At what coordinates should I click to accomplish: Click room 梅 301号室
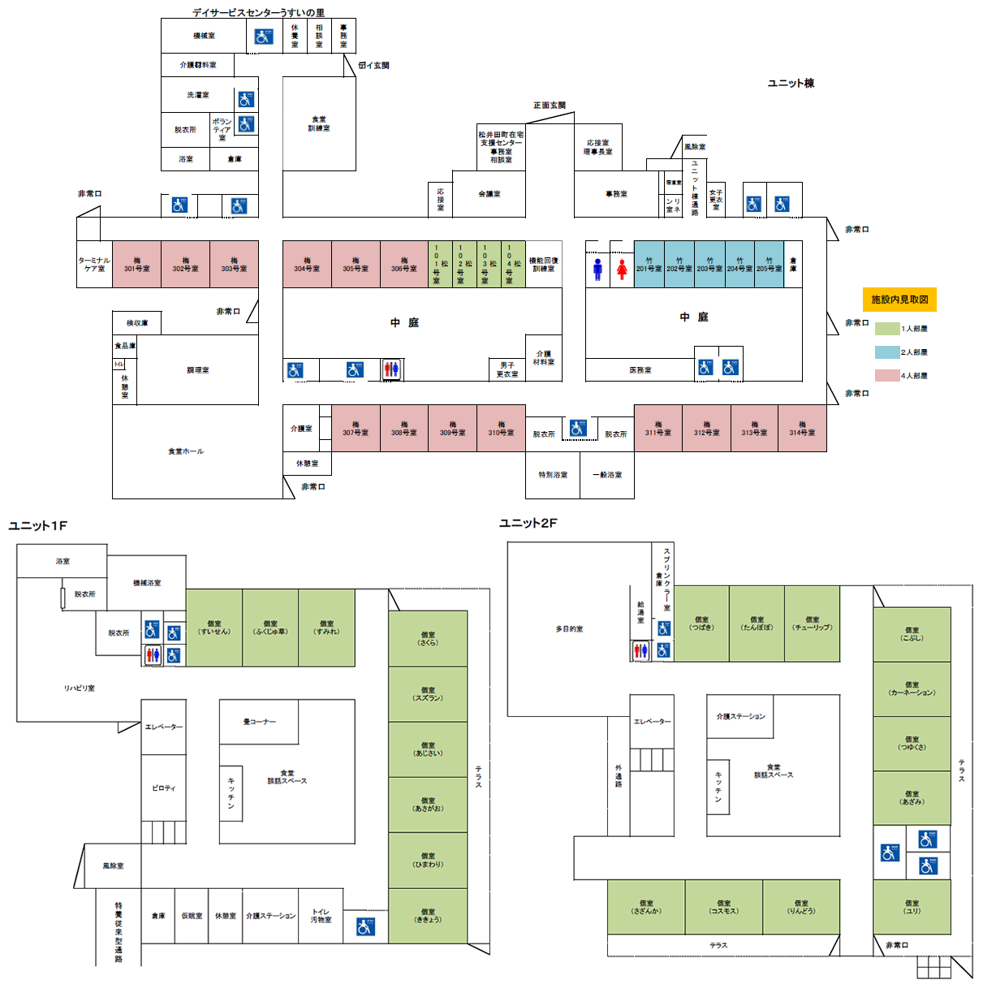tap(136, 265)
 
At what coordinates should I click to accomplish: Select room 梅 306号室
tap(403, 265)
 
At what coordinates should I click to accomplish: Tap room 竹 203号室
tap(709, 265)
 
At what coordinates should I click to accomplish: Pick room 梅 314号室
tap(802, 429)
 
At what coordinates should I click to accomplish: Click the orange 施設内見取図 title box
tap(899, 300)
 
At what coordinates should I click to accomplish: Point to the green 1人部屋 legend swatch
tap(886, 329)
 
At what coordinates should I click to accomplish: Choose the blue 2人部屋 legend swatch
tap(886, 352)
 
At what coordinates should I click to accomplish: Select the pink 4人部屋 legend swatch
tap(886, 376)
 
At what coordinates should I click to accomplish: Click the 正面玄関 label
tap(550, 106)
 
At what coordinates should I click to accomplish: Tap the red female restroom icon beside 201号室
tap(622, 269)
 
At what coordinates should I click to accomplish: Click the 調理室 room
tap(197, 370)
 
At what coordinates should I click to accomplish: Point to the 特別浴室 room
tap(553, 475)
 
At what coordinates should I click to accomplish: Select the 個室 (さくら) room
tap(428, 638)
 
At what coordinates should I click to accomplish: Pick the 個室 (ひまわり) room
tap(428, 860)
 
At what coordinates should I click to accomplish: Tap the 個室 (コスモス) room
tap(723, 907)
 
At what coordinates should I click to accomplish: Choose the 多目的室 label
tap(569, 629)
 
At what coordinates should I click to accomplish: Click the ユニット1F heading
tap(38, 526)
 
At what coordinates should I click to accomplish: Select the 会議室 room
tap(489, 194)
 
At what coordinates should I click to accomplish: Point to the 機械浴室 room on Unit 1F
tap(147, 583)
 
